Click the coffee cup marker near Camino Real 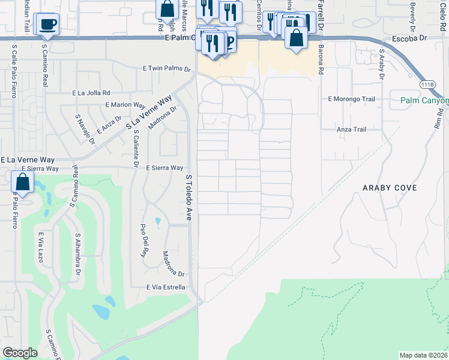(x=47, y=25)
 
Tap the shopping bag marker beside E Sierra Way (x=22, y=182)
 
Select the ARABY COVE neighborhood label (x=389, y=188)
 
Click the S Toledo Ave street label (x=188, y=197)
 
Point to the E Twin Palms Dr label (x=161, y=69)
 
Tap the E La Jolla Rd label (x=91, y=93)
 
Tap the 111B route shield (x=427, y=84)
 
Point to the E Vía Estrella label (x=166, y=287)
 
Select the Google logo (x=20, y=353)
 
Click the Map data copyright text (x=423, y=355)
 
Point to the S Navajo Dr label (x=85, y=130)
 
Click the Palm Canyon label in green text (x=424, y=100)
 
